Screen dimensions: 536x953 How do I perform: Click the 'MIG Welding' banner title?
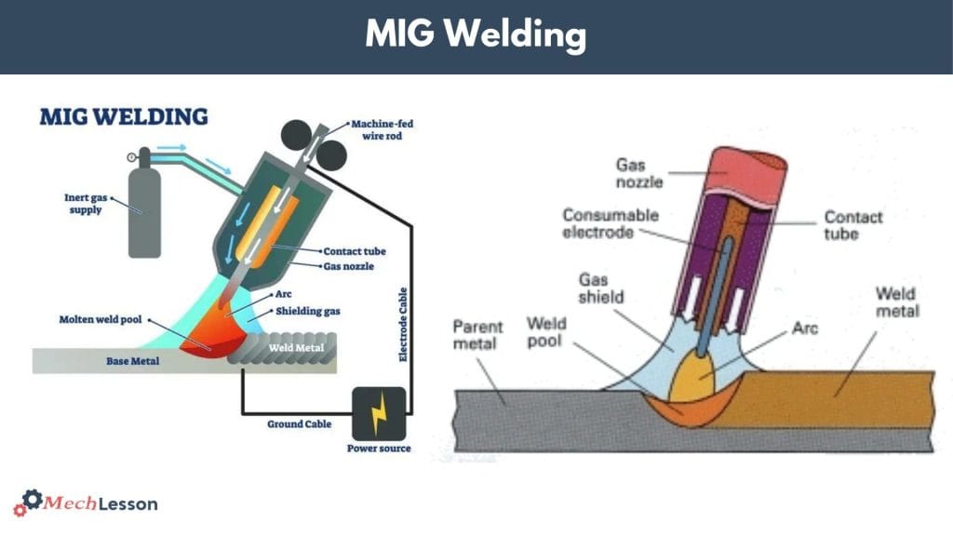pyautogui.click(x=476, y=34)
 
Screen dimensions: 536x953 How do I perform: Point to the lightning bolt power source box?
pyautogui.click(x=378, y=412)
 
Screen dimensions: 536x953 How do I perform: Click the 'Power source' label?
pyautogui.click(x=378, y=449)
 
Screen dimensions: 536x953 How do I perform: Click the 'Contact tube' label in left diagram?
pyautogui.click(x=354, y=251)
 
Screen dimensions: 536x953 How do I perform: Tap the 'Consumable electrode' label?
pyautogui.click(x=610, y=223)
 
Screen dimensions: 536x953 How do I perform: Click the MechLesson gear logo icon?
pyautogui.click(x=32, y=502)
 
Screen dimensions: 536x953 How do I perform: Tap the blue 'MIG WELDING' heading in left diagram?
pyautogui.click(x=123, y=118)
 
